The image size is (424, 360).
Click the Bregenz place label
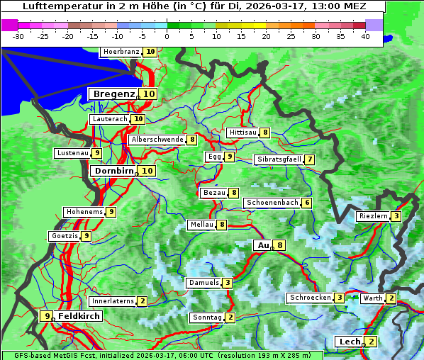(x=113, y=94)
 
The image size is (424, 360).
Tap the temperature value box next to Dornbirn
(x=147, y=171)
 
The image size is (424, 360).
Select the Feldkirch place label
(x=79, y=316)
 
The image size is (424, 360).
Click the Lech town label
(x=350, y=342)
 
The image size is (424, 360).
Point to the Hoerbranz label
(x=121, y=52)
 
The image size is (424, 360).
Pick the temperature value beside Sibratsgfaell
(x=309, y=159)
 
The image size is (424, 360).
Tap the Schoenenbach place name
(x=272, y=203)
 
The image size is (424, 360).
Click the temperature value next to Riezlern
(x=396, y=216)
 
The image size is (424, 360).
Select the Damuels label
(x=203, y=283)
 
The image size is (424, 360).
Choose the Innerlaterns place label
(x=113, y=301)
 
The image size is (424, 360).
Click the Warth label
(x=373, y=298)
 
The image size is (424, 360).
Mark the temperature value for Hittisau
(x=264, y=133)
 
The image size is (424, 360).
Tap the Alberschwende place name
(x=157, y=140)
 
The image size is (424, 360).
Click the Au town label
(x=263, y=245)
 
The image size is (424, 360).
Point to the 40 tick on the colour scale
(x=365, y=36)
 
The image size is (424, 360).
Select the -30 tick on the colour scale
(x=18, y=36)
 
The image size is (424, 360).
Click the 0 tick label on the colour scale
(x=167, y=36)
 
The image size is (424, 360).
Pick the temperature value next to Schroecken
(x=340, y=298)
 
